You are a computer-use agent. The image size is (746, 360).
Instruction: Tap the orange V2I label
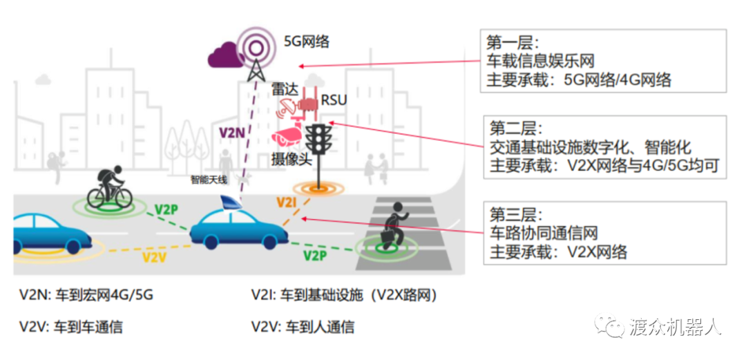[287, 202]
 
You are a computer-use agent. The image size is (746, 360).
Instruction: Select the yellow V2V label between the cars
[155, 257]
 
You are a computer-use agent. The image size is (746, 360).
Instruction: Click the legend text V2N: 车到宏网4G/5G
[86, 296]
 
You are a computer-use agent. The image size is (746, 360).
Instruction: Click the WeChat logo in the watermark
[611, 325]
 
